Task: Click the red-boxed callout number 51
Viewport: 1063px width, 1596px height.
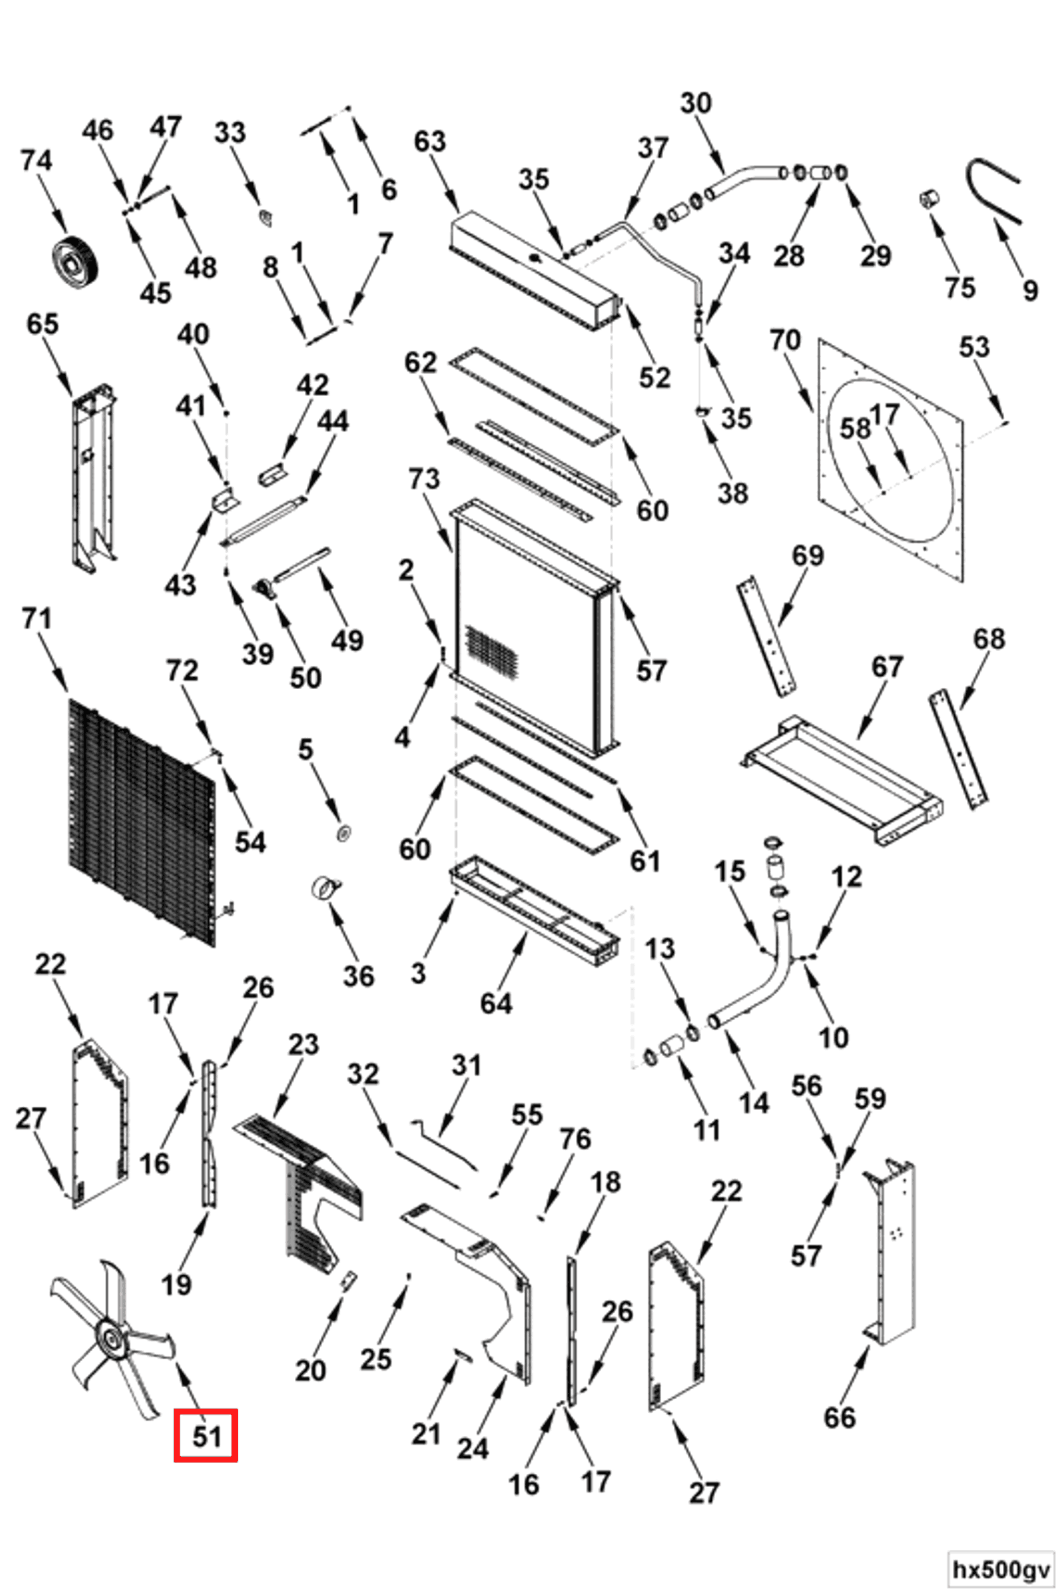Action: [x=206, y=1436]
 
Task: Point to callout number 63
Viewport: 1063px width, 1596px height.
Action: [x=430, y=141]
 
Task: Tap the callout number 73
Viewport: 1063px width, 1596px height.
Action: [x=424, y=478]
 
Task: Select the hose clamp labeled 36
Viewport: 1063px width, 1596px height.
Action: [x=326, y=887]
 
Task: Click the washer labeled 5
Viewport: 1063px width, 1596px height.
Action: [x=344, y=831]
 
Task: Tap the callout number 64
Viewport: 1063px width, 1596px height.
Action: [x=495, y=1004]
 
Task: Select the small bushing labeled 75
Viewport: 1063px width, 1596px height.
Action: [x=929, y=200]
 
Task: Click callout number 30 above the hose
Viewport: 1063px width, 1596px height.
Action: [x=695, y=103]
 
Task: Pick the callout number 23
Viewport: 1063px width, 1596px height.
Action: [x=303, y=1044]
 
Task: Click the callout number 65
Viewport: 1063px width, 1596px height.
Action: [x=42, y=324]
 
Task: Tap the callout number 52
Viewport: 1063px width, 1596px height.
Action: [x=654, y=377]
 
